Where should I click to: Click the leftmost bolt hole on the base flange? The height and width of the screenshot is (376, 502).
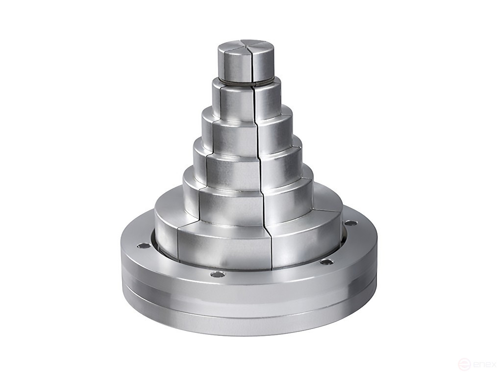point(143,245)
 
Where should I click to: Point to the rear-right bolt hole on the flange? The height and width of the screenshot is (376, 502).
point(351,223)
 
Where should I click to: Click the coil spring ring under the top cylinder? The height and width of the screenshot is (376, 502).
point(245,82)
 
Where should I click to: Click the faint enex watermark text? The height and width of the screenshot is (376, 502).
point(485,365)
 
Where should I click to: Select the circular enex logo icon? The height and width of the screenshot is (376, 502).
point(463,365)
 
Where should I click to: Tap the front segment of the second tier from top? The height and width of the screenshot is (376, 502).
point(235,103)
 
